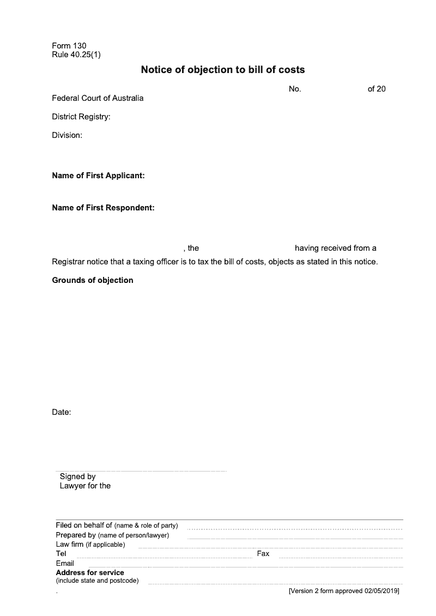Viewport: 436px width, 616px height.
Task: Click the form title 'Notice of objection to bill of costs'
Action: [223, 70]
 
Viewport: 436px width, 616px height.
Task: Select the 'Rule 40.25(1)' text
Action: [76, 55]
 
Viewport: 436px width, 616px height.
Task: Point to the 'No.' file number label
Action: [295, 89]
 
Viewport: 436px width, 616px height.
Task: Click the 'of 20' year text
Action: [377, 89]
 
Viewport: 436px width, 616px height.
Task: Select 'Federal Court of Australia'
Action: [98, 98]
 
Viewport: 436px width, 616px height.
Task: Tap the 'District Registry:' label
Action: [81, 117]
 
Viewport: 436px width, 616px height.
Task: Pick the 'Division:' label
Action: [67, 135]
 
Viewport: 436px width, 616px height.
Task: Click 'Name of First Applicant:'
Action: [98, 176]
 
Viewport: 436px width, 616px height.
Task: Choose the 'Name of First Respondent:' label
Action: [104, 208]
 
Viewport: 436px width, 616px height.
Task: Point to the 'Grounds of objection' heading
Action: [93, 280]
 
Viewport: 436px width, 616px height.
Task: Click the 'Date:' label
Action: [62, 412]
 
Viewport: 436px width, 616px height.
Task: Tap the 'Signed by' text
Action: [77, 476]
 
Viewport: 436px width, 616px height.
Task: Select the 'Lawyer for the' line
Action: [85, 486]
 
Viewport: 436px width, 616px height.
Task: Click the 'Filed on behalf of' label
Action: [84, 526]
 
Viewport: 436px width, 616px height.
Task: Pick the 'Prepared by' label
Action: [76, 535]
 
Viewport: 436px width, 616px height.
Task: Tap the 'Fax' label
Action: [263, 553]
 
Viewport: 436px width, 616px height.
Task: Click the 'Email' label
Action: [65, 563]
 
